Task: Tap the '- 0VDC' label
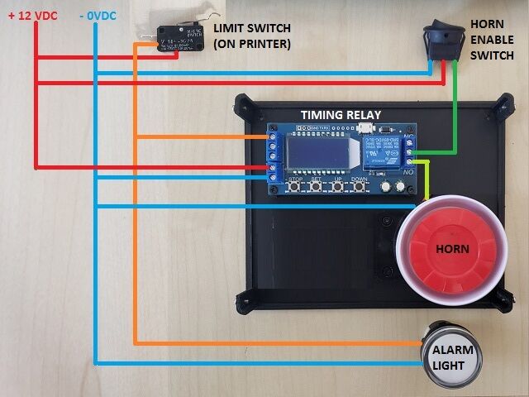[98, 14]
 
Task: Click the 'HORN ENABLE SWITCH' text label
[493, 39]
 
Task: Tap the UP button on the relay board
[337, 187]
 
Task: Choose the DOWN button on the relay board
[360, 187]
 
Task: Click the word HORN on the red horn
[452, 249]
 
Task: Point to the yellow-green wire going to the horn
[425, 178]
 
